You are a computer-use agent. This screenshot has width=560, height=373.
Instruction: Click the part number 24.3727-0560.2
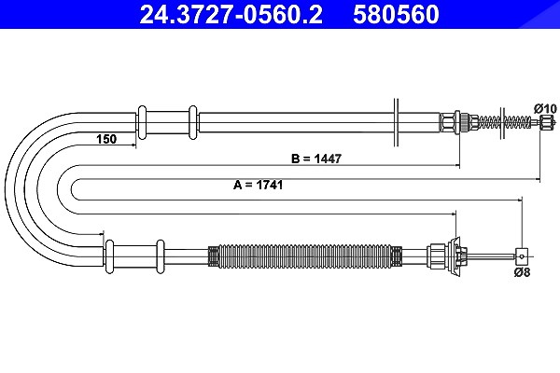(231, 14)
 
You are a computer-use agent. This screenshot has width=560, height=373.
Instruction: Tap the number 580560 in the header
(396, 14)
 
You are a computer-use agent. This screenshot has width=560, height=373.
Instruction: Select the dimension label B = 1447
(316, 159)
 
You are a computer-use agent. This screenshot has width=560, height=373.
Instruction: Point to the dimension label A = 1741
(258, 185)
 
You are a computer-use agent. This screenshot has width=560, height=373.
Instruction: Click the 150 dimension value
(106, 139)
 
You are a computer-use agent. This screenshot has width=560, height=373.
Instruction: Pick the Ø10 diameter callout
(545, 108)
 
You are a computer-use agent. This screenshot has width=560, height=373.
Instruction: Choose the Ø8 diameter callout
(522, 272)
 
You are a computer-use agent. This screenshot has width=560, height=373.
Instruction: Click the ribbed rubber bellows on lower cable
(304, 256)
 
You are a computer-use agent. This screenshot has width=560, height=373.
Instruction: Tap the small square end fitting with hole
(522, 256)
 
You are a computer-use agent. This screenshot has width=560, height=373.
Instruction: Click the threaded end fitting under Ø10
(547, 122)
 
